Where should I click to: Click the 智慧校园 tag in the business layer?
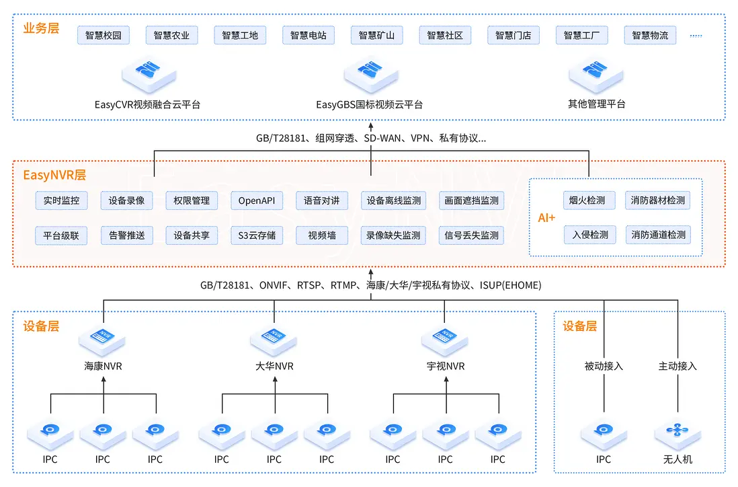click(x=104, y=36)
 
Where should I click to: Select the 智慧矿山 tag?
click(x=376, y=36)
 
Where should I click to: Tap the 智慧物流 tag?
click(x=650, y=36)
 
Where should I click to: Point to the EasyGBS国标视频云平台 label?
click(x=370, y=105)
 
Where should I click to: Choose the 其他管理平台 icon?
click(x=596, y=73)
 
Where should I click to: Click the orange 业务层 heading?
click(x=41, y=29)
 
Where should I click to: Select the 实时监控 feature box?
click(x=61, y=200)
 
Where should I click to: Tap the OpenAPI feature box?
click(x=256, y=200)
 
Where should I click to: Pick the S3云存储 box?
click(x=256, y=235)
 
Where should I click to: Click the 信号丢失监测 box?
click(x=471, y=235)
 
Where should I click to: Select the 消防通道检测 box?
click(x=658, y=235)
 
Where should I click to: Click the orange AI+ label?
click(x=547, y=218)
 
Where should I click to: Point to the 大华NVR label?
click(x=274, y=367)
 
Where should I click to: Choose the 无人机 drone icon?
click(x=678, y=431)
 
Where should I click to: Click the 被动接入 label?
click(x=604, y=367)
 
